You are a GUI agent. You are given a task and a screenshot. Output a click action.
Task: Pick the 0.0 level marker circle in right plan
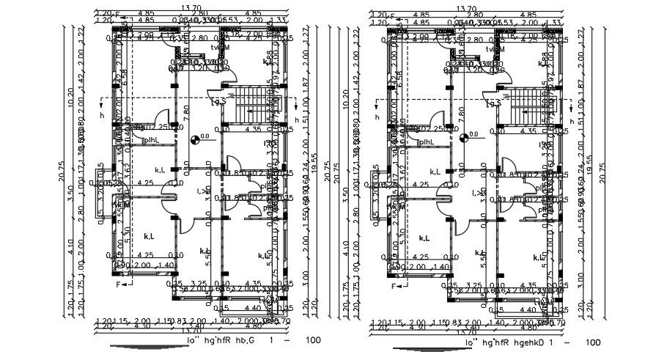pos(463,136)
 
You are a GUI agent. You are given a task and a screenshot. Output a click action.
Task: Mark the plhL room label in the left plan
pos(151,140)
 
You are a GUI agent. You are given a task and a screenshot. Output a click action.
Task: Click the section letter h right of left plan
pos(296,120)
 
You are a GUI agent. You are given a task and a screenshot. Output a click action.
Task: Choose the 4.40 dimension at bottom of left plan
pos(252,308)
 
